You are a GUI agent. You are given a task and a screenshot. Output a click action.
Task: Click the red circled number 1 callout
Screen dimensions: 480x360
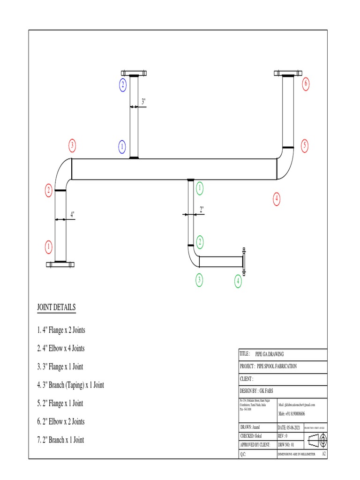tap(48, 246)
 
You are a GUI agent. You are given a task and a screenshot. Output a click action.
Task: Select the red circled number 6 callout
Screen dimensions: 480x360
tap(306, 84)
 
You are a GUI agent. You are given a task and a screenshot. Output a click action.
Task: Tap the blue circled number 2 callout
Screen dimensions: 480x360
tap(123, 85)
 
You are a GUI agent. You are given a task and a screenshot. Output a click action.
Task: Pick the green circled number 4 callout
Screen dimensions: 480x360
tap(238, 281)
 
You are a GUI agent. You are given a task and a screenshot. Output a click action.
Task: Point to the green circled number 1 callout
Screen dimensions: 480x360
tap(200, 188)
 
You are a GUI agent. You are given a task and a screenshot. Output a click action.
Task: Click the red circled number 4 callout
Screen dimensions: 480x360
tap(277, 199)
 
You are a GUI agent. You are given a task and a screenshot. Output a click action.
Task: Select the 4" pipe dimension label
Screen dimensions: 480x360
tap(72, 214)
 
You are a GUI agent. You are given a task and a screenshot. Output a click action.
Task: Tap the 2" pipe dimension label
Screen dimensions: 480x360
tap(202, 210)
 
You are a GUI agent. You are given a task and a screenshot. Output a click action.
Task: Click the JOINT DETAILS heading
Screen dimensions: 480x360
tap(56, 307)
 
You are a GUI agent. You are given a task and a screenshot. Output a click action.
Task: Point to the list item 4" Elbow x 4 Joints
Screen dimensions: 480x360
tap(61, 349)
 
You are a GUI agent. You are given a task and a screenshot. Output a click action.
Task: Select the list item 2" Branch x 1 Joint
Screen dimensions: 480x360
tap(60, 440)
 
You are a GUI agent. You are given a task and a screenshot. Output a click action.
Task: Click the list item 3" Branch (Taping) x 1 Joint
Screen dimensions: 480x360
tap(70, 385)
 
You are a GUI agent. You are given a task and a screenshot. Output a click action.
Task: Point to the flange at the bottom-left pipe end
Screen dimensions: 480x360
tap(60, 264)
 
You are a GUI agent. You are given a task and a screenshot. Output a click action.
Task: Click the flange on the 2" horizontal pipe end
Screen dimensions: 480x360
tap(243, 260)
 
